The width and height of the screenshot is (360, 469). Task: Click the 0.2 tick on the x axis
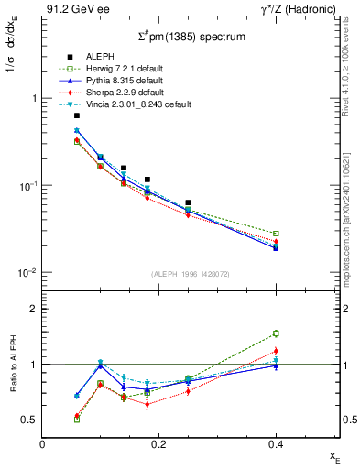(159, 442)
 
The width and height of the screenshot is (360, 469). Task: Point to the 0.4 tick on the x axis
(276, 442)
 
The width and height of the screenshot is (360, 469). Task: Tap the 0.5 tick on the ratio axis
(30, 420)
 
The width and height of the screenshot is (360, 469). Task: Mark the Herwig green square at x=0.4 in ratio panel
(276, 333)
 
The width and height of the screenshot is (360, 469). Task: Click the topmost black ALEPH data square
(77, 115)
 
